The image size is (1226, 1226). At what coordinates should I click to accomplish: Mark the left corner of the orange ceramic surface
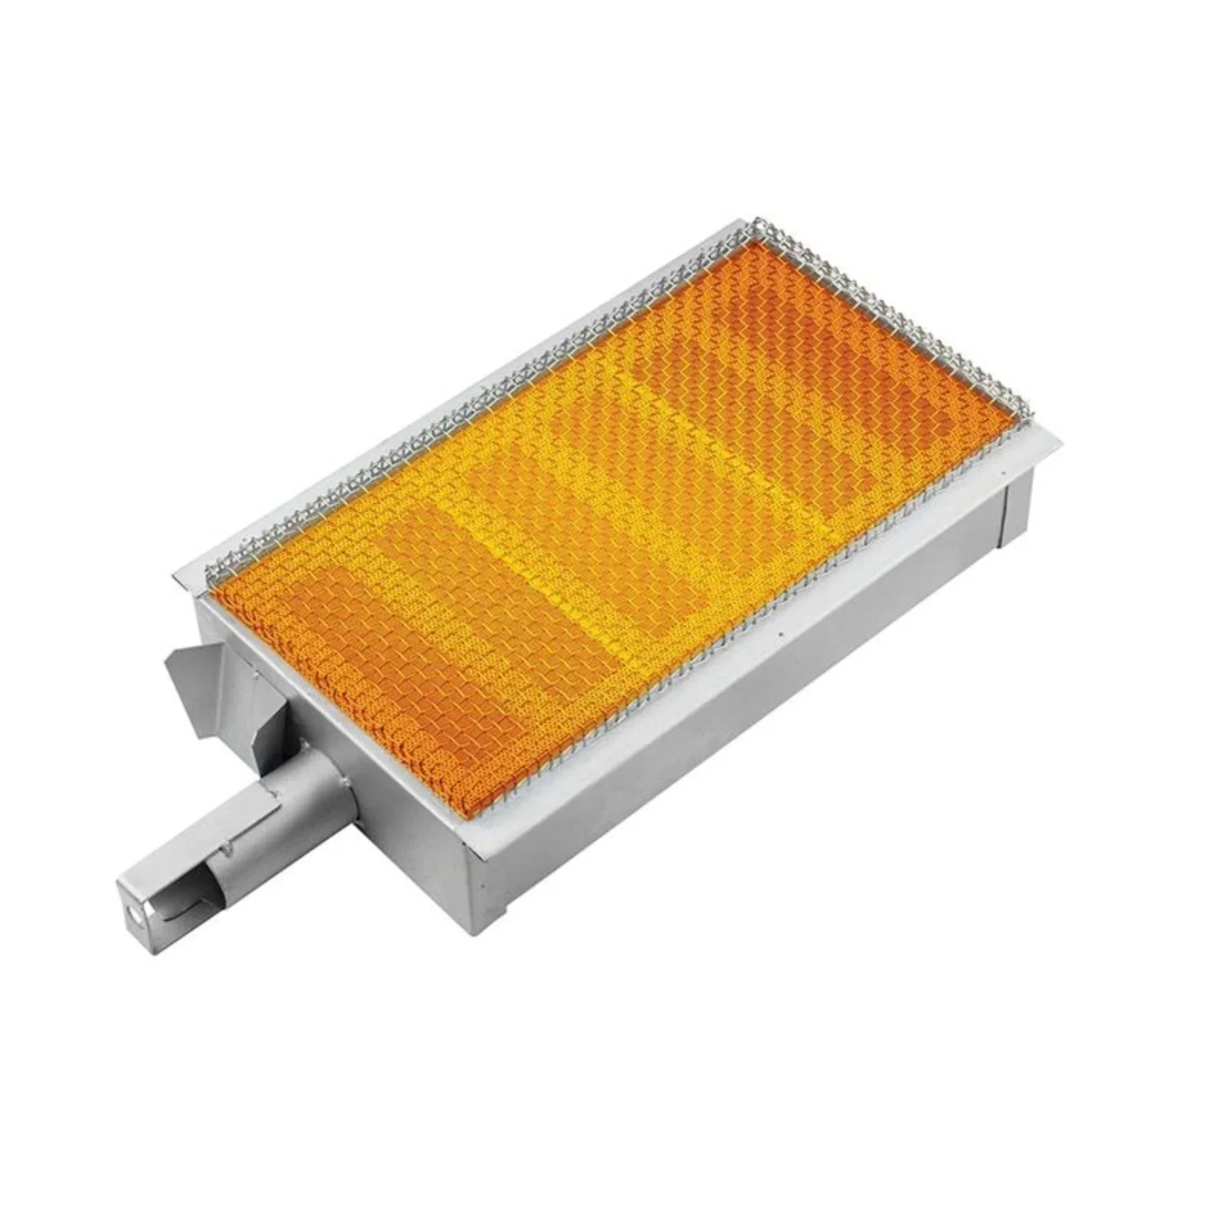pos(213,587)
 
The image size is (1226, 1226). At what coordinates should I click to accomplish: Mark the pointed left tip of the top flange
pos(175,575)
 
